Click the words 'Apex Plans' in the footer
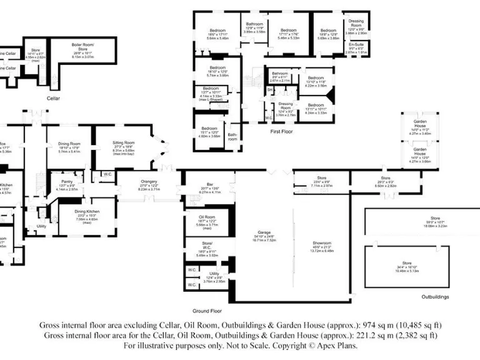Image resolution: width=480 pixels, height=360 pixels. [340, 345]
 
